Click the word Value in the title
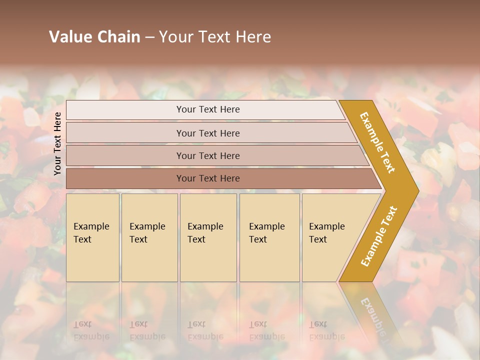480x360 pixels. click(69, 37)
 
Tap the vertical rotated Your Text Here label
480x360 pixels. click(57, 143)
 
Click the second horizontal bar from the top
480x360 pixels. click(207, 133)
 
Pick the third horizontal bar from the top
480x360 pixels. click(207, 155)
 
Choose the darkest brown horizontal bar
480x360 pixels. click(207, 178)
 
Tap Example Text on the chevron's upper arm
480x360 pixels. click(377, 142)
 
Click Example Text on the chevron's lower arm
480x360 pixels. click(379, 236)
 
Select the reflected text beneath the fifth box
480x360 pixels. click(326, 330)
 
